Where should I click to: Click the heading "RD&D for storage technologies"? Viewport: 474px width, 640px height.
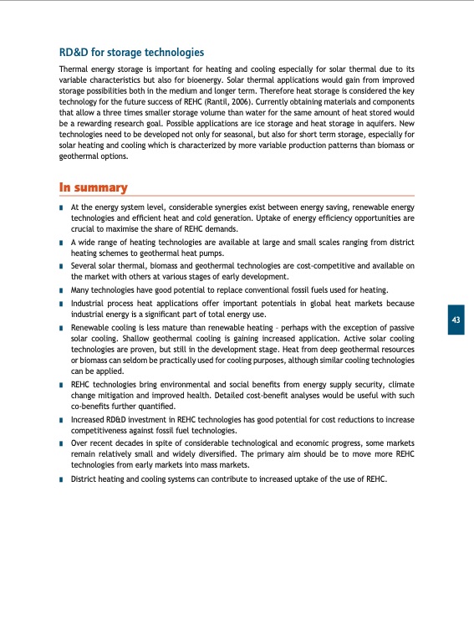click(x=131, y=53)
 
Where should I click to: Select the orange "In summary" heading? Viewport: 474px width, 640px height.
click(x=93, y=187)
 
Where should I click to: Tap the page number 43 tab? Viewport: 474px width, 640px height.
click(x=456, y=320)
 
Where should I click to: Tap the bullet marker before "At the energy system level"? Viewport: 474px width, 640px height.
click(x=62, y=207)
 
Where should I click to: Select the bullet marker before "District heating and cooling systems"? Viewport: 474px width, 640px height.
click(x=62, y=479)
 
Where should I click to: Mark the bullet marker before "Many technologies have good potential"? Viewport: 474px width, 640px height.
click(x=62, y=289)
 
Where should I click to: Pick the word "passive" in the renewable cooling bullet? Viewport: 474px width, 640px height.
click(x=400, y=326)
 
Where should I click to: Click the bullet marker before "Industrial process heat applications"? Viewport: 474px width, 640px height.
click(x=62, y=303)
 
